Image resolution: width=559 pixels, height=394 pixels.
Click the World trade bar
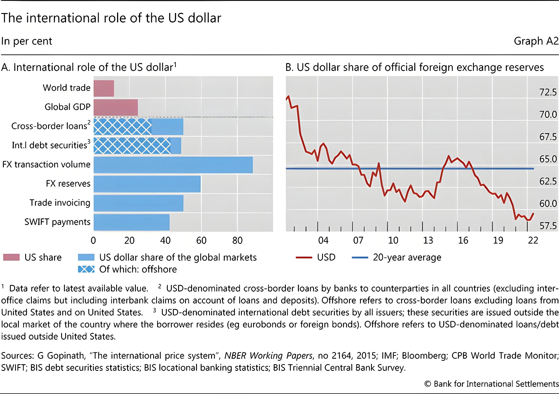point(104,88)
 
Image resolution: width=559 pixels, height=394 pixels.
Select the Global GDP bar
point(116,107)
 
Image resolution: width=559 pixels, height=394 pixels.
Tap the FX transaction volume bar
point(173,165)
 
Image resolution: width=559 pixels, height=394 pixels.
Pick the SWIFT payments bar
point(131,222)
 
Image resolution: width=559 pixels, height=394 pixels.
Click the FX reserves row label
point(68,183)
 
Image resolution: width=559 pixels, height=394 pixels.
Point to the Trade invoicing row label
point(60,203)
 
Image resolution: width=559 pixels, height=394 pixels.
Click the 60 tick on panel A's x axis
point(201,240)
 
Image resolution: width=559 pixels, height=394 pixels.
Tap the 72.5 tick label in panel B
point(548,92)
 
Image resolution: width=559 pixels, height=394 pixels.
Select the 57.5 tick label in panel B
point(548,226)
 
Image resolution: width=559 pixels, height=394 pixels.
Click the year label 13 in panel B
point(428,240)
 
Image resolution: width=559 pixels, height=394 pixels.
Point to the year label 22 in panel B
point(533,240)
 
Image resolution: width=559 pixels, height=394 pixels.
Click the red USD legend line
point(304,257)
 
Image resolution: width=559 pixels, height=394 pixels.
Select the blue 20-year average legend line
point(360,257)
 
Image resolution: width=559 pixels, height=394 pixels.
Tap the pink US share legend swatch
point(12,257)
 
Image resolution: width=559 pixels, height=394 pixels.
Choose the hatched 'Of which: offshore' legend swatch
point(86,269)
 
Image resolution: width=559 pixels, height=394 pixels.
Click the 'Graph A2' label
point(536,41)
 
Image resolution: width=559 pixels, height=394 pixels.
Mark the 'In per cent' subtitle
point(27,41)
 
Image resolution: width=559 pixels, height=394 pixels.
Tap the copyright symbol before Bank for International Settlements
point(428,384)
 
